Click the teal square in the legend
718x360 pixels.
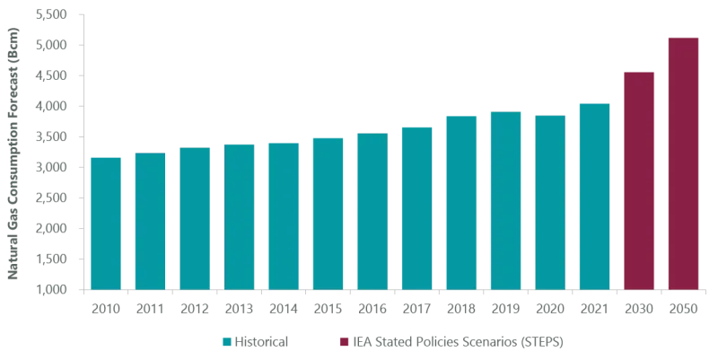point(227,342)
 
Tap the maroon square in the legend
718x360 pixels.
point(345,342)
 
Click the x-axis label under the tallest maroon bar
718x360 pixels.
point(685,308)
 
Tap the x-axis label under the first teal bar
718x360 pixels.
point(105,308)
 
